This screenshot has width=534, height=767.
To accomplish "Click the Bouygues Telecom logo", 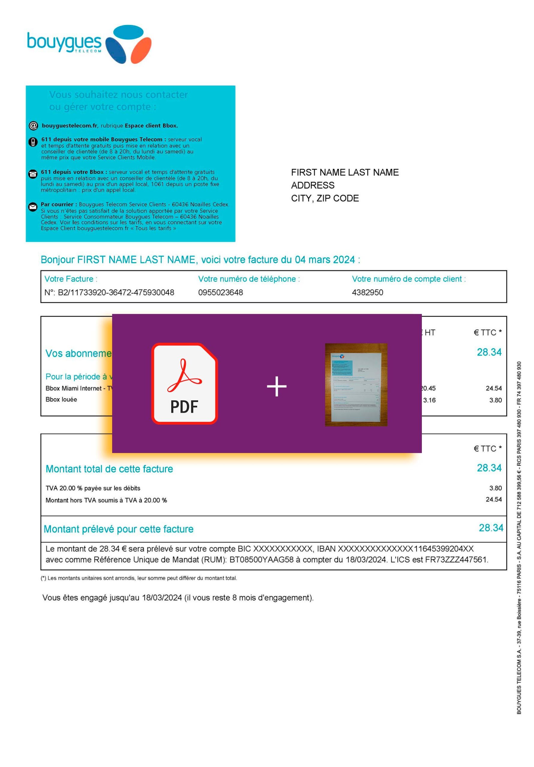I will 89,44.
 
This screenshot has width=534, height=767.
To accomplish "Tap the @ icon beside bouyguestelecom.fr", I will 33,126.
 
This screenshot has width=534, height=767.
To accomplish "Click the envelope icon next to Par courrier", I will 33,207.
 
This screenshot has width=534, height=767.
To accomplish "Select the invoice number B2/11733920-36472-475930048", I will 116,292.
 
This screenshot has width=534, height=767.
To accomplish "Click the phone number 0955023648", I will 220,292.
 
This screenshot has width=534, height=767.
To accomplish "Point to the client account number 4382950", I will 367,292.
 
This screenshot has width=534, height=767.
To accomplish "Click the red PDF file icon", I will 184,383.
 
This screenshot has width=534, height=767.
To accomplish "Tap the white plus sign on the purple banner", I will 276,386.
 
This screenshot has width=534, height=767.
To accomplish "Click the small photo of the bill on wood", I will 356,384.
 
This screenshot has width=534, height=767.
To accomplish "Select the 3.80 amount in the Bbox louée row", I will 495,400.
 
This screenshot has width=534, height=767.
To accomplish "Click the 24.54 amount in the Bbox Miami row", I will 494,388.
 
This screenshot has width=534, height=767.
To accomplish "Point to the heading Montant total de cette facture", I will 109,469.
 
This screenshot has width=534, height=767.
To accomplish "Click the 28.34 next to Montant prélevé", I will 491,528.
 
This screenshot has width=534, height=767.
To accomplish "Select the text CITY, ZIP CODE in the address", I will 325,198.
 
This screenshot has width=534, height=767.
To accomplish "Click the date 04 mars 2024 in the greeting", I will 324,259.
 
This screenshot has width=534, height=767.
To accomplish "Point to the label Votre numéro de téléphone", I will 249,279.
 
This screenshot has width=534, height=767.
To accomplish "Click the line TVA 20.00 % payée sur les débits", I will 93,488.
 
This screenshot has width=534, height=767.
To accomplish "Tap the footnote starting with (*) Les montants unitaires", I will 139,578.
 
